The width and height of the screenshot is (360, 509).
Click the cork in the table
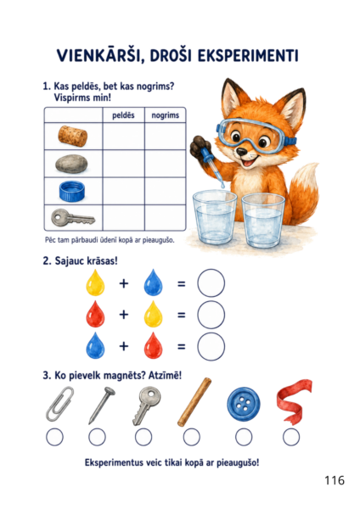73,136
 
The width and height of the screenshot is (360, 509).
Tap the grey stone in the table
71,164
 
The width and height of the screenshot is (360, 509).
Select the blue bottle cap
72,191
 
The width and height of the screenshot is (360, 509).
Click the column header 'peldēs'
123,115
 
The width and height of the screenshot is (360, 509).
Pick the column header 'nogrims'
166,115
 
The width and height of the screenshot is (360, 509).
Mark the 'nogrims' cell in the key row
166,217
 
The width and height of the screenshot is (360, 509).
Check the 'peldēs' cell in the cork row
123,137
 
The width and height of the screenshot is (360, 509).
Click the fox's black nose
241,151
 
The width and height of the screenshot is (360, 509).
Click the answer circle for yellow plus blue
211,283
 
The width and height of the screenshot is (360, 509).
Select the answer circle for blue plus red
211,346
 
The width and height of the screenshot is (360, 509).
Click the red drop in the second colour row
95,314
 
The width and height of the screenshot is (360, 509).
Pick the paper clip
59,404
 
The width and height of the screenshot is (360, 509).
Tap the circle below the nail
97,437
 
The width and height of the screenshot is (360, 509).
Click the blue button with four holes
244,404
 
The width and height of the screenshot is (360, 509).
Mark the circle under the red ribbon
291,437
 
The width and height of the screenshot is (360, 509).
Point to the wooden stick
194,402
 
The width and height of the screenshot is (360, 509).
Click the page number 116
335,480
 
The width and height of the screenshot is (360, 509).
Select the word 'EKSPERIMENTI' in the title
248,56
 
